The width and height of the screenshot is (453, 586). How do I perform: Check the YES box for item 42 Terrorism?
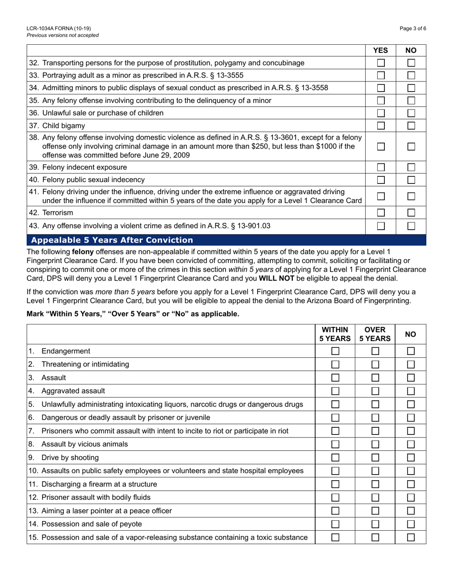[x=381, y=212]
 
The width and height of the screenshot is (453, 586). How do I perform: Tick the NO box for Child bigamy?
[x=411, y=125]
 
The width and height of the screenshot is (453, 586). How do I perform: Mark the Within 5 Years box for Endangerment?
[x=335, y=351]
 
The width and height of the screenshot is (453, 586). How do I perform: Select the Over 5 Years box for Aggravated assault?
[x=375, y=391]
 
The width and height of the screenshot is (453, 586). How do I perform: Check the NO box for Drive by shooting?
[x=411, y=458]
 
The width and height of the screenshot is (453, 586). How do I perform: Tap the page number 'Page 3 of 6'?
[x=413, y=29]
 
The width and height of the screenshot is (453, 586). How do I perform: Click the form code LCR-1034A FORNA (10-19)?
[x=59, y=29]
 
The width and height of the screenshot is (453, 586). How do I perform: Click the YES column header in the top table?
[x=381, y=50]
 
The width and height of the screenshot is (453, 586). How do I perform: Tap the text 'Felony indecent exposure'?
[x=84, y=167]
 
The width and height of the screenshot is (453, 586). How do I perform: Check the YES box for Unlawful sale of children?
[x=381, y=113]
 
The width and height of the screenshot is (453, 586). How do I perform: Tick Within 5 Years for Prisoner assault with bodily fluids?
[x=335, y=498]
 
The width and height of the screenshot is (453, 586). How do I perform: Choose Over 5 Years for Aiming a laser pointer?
[x=375, y=511]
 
